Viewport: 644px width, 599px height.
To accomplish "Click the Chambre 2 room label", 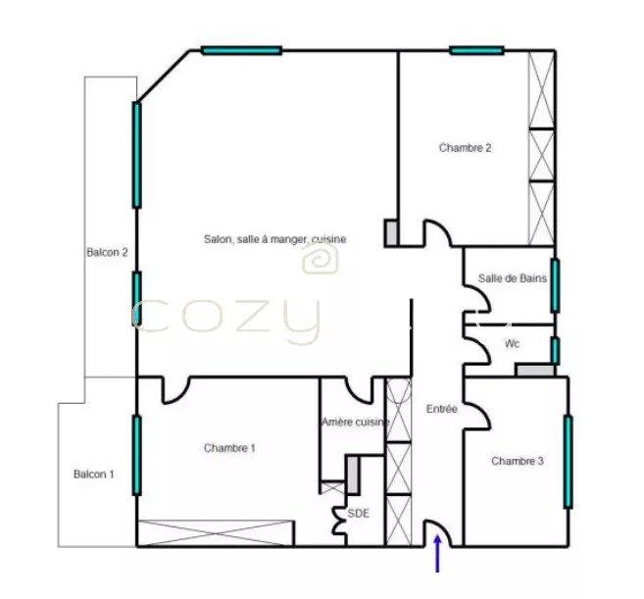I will point(465,148).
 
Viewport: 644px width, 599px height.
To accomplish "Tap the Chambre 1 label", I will point(229,448).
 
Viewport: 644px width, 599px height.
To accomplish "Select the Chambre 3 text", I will point(517,461).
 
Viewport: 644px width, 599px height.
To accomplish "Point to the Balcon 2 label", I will point(108,252).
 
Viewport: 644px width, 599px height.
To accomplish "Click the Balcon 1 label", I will point(94,474).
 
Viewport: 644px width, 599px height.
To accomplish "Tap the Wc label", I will point(512,344).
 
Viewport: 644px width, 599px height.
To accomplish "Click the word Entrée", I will point(442,409).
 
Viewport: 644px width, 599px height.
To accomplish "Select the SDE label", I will point(359,512).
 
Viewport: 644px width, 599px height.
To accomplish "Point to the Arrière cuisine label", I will point(355,422).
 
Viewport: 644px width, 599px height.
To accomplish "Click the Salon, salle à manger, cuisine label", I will point(274,239).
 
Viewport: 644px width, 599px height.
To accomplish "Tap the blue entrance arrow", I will point(437,555).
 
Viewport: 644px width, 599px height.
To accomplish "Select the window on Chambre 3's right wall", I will point(568,461).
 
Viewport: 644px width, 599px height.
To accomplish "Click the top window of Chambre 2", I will point(477,50).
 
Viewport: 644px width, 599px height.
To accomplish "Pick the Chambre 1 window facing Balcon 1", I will point(136,454).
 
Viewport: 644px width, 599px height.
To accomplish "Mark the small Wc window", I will point(555,349).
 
